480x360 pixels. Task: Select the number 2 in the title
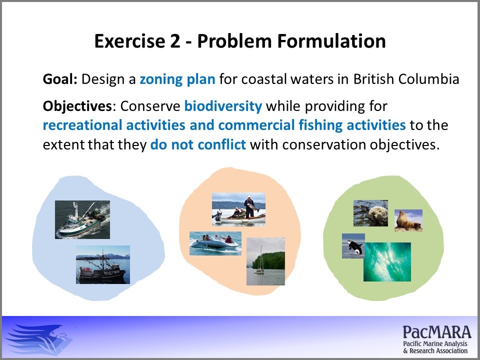pyautogui.click(x=175, y=41)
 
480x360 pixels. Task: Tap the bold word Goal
pyautogui.click(x=60, y=79)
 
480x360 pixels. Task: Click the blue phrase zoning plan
pyautogui.click(x=177, y=79)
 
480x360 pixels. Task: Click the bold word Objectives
pyautogui.click(x=77, y=106)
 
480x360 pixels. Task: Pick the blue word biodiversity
pyautogui.click(x=223, y=106)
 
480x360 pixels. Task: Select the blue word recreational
pyautogui.click(x=83, y=125)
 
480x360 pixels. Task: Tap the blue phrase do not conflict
pyautogui.click(x=198, y=144)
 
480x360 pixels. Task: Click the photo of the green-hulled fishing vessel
pyautogui.click(x=82, y=220)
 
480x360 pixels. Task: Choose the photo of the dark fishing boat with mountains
pyautogui.click(x=103, y=265)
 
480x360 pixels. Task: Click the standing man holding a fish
pyautogui.click(x=250, y=206)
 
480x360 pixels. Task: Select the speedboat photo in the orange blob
pyautogui.click(x=215, y=243)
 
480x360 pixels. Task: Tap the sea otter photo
pyautogui.click(x=370, y=213)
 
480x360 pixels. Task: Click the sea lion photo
pyautogui.click(x=408, y=220)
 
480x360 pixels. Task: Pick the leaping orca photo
pyautogui.click(x=353, y=246)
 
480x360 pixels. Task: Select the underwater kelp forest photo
pyautogui.click(x=387, y=261)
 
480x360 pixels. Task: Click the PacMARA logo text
pyautogui.click(x=437, y=339)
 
